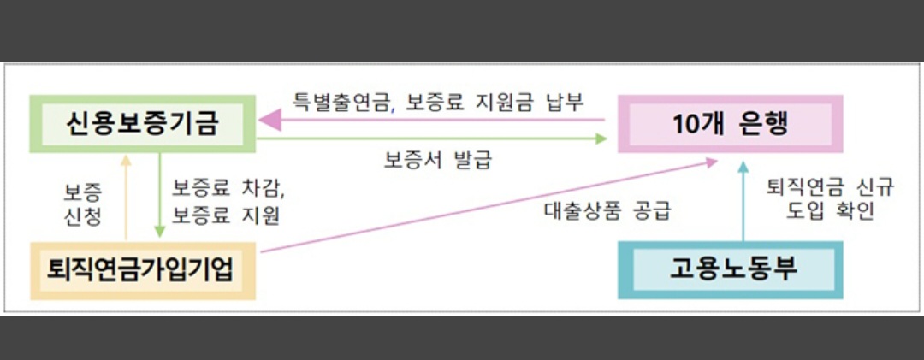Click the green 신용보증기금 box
142,125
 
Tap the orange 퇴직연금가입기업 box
142,270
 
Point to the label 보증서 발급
438,159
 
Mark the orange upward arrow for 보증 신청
126,197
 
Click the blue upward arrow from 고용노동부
742,205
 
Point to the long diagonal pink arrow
488,205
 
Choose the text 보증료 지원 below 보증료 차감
226,215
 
